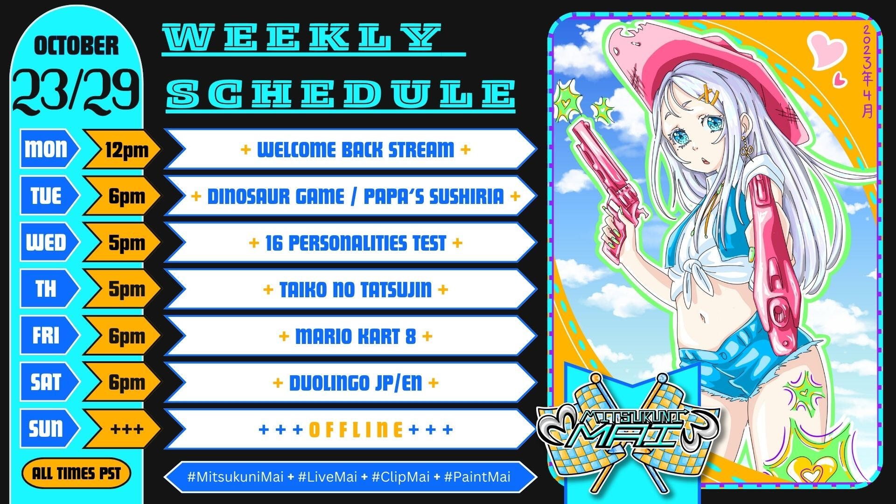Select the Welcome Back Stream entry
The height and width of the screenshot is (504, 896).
(356, 150)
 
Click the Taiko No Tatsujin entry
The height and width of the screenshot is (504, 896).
(356, 290)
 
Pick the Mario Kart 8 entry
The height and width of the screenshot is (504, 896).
(356, 336)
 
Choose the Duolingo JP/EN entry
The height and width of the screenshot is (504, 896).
(356, 383)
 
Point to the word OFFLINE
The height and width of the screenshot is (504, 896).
(356, 429)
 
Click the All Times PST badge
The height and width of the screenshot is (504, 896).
(76, 474)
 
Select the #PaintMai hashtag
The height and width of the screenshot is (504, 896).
(477, 477)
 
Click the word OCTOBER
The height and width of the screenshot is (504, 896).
(77, 46)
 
